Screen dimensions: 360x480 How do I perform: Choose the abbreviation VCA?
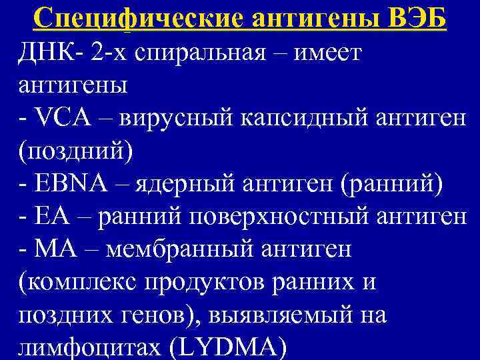click(x=63, y=120)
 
